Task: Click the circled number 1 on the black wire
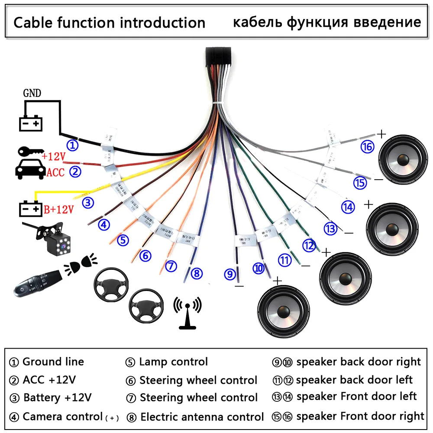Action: pos(72,145)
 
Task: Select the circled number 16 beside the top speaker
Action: pos(367,147)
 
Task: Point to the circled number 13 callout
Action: pos(331,228)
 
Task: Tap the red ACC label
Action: pos(55,173)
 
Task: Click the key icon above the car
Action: pos(29,153)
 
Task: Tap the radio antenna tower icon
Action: pos(187,313)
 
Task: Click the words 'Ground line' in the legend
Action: pos(53,362)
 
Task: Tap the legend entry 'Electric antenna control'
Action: pos(202,417)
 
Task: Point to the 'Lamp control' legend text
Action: pos(173,362)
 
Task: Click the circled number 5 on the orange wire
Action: pos(123,239)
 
